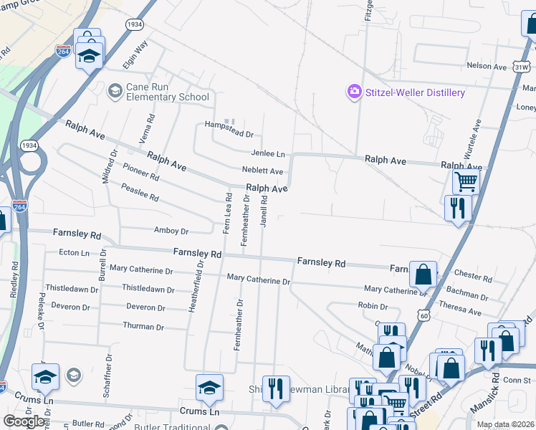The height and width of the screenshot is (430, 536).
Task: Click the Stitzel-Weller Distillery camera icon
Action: click(x=354, y=92)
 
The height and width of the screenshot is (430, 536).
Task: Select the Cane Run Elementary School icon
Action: click(x=115, y=91)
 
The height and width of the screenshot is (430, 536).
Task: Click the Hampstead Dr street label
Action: click(x=229, y=134)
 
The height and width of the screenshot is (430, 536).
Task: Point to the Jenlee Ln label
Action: click(x=268, y=153)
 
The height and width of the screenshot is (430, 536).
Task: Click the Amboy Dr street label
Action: click(x=171, y=231)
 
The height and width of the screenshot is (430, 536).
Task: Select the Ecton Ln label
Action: click(x=74, y=252)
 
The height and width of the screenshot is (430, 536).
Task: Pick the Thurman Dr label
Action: click(x=144, y=326)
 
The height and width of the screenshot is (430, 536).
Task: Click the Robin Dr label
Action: click(x=373, y=305)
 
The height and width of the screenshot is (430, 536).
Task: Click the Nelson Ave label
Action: click(x=487, y=66)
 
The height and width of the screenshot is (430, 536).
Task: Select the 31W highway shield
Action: click(x=521, y=66)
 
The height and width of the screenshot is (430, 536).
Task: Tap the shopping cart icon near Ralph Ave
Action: click(x=466, y=182)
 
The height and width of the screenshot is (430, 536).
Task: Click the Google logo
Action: click(x=24, y=421)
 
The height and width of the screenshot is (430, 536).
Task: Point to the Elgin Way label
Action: click(x=135, y=54)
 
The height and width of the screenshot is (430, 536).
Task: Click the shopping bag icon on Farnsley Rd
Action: click(x=423, y=273)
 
